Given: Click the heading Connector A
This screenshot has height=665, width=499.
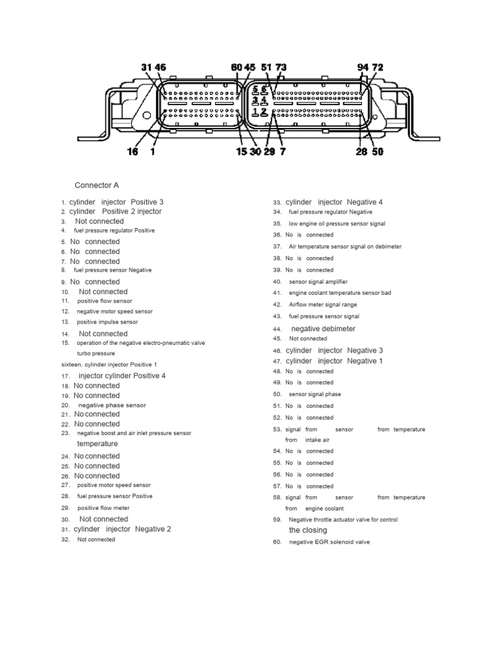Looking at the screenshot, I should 97,185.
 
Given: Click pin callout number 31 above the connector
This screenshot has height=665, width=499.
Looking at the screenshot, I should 147,68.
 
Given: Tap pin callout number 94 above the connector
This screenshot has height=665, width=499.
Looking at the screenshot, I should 363,68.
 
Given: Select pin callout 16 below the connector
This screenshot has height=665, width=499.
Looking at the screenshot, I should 133,152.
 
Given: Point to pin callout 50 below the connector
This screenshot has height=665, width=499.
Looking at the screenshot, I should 377,152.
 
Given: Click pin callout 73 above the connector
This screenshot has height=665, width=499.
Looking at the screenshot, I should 281,68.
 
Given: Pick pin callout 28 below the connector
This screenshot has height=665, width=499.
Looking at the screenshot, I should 362,152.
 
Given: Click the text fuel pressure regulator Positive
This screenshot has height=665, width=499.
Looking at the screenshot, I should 114,231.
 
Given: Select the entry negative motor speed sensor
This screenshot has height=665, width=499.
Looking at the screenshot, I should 115,311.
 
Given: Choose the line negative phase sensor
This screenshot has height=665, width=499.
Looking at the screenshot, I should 112,405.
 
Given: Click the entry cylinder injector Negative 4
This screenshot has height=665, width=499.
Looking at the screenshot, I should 334,202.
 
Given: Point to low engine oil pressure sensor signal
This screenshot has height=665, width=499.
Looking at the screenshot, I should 337,223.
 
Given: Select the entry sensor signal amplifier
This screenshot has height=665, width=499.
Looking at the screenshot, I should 318,282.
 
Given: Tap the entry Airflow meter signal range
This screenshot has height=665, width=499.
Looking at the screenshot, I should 323,305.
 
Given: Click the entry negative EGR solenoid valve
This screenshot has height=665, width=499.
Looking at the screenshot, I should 329,542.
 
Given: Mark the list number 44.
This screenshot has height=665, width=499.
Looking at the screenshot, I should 277,329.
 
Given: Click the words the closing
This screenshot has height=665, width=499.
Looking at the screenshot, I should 308,530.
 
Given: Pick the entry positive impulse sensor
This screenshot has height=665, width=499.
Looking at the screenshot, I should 107,322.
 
